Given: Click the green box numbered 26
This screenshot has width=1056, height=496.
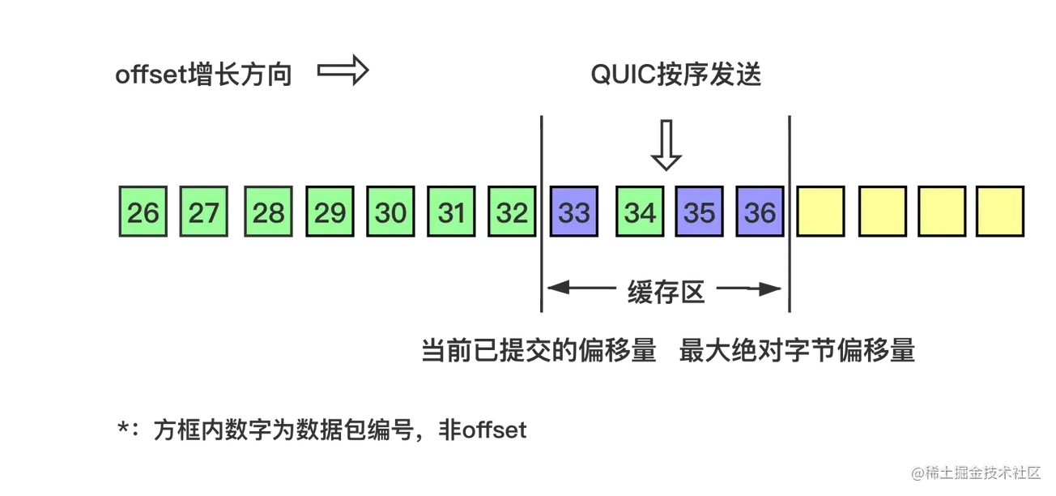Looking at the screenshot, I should (143, 212).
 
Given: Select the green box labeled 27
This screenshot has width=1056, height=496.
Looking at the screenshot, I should (204, 212).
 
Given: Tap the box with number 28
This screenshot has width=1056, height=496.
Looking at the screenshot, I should (268, 212).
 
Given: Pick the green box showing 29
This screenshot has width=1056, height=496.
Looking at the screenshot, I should (330, 212).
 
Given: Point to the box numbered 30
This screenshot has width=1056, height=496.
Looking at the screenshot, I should (390, 212).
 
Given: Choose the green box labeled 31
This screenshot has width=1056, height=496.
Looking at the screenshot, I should (451, 212).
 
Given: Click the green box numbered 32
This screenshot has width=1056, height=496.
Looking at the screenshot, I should (512, 212).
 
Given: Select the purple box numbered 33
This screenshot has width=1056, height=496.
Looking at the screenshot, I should (574, 212).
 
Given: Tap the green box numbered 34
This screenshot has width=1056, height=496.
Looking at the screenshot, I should (640, 212).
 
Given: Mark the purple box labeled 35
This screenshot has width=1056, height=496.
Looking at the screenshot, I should (700, 212).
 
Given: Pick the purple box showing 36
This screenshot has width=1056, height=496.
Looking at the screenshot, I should (760, 212).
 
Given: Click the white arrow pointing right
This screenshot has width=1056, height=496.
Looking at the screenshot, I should (343, 72).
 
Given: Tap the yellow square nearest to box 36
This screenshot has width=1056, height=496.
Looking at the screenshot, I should (821, 212).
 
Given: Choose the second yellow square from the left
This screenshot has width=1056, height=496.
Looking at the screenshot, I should (882, 212).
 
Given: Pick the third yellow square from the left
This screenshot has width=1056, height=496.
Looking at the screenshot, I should (942, 212).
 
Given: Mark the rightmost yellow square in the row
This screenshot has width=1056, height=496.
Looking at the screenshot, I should (1000, 212).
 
